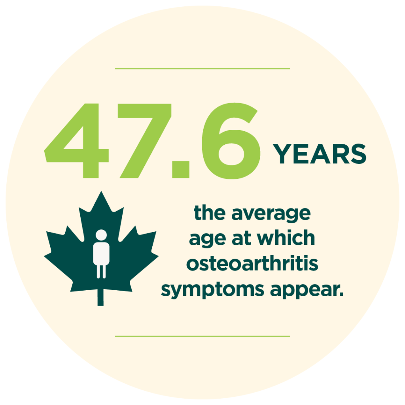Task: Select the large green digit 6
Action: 231,141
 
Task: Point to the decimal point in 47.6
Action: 181,169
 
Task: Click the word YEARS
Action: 320,154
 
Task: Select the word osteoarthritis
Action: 252,264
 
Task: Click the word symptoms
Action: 212,290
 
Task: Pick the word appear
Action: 307,290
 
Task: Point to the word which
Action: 286,238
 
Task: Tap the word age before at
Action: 208,239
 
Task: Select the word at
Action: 242,238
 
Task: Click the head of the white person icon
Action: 101,235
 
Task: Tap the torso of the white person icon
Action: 101,254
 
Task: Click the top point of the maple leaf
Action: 101,191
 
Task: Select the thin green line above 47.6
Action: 202,69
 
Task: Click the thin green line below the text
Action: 202,336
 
